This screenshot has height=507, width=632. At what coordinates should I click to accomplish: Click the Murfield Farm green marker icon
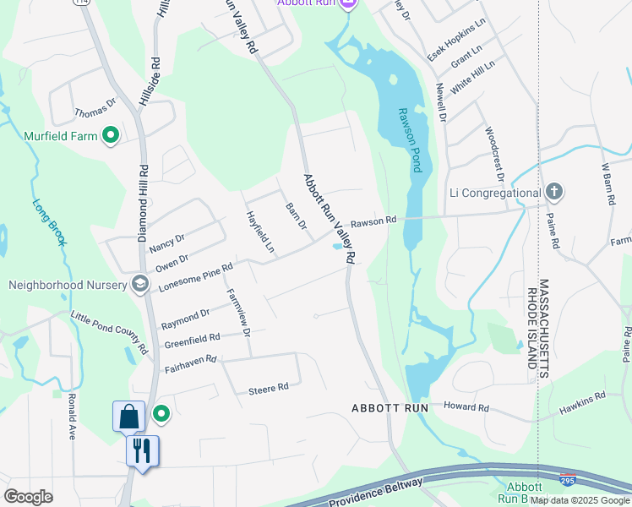[110, 135]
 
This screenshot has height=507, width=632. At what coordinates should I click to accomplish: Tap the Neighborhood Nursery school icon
[140, 284]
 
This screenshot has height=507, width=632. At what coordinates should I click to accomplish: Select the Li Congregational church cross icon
[553, 192]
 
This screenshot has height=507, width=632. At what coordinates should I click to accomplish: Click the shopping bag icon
[128, 417]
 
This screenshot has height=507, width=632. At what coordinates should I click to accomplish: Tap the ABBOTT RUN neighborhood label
[390, 408]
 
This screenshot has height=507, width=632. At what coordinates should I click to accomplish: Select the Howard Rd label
[471, 407]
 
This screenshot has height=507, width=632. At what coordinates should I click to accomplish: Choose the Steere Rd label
[269, 388]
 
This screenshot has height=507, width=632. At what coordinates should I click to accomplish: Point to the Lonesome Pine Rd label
[195, 276]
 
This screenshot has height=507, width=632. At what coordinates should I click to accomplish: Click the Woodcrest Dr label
[493, 154]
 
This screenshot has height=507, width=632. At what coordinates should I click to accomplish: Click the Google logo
[28, 497]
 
